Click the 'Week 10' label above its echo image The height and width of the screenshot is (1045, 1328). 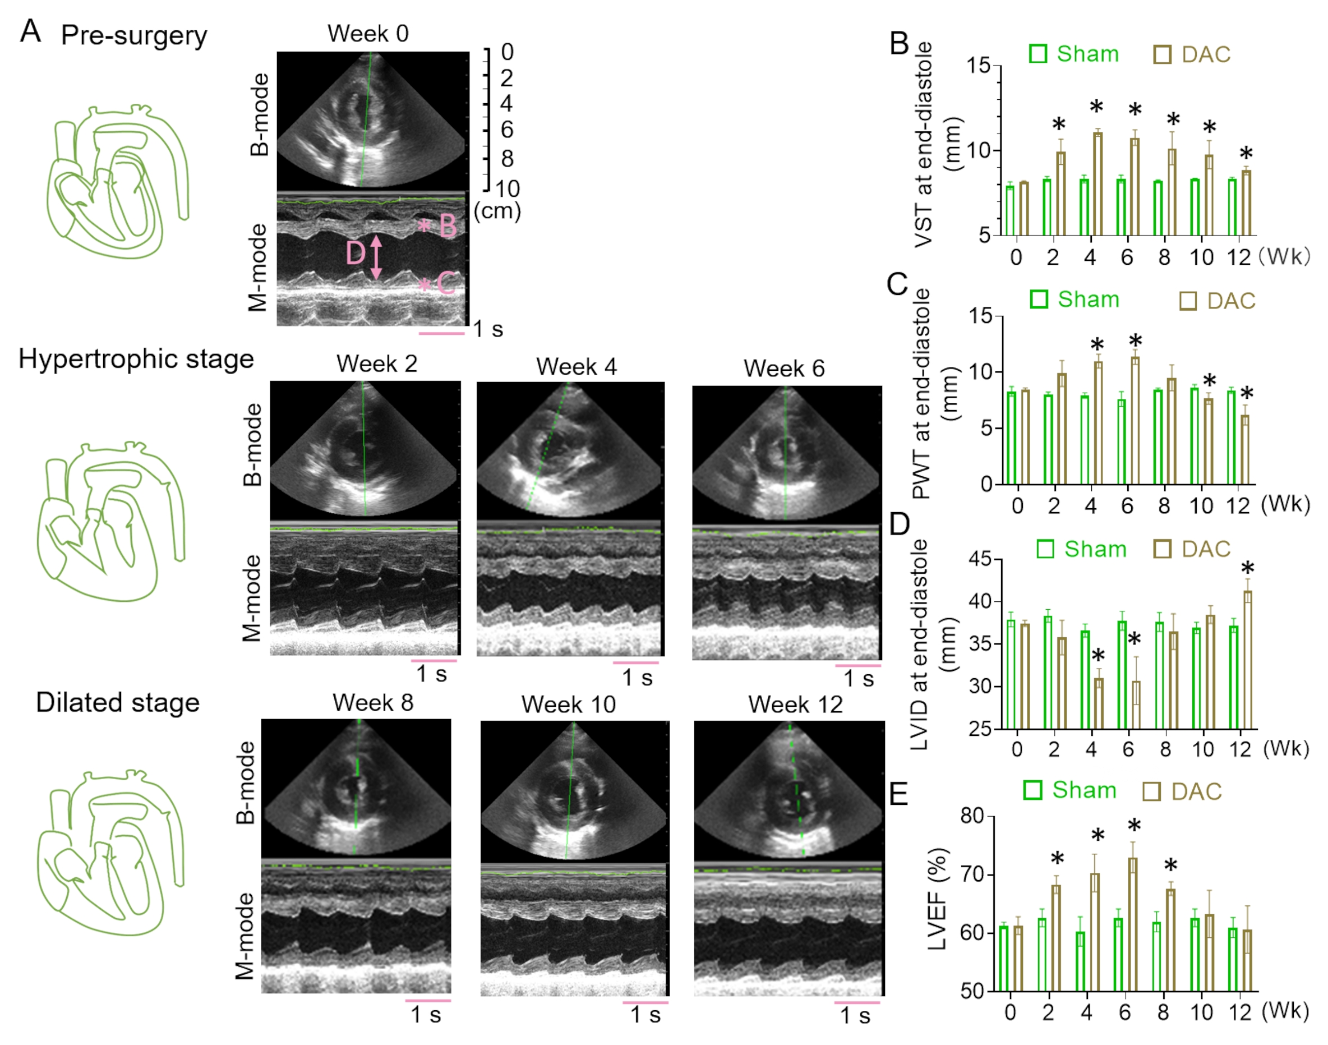(568, 705)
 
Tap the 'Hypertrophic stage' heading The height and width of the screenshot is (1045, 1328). (136, 358)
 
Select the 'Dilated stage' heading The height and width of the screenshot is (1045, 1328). (117, 702)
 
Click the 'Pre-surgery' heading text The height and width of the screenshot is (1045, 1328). (134, 35)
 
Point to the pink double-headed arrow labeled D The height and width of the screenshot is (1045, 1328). (376, 257)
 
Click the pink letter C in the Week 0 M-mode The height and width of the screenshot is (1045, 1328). (446, 283)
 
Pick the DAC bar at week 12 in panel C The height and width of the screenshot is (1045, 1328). (1244, 450)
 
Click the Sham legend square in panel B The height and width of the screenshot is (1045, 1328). (1038, 54)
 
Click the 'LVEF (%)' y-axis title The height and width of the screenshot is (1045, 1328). (937, 899)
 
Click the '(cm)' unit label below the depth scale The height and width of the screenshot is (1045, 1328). (497, 211)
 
